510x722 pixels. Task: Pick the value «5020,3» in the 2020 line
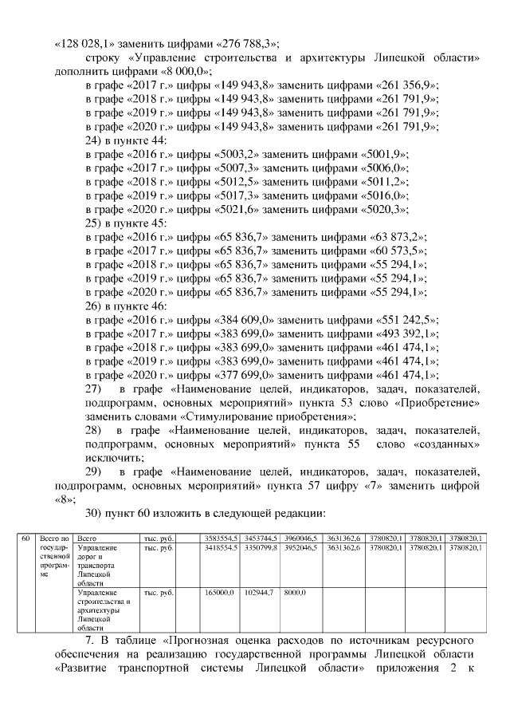coord(385,209)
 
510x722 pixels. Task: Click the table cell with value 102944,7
coord(259,593)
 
